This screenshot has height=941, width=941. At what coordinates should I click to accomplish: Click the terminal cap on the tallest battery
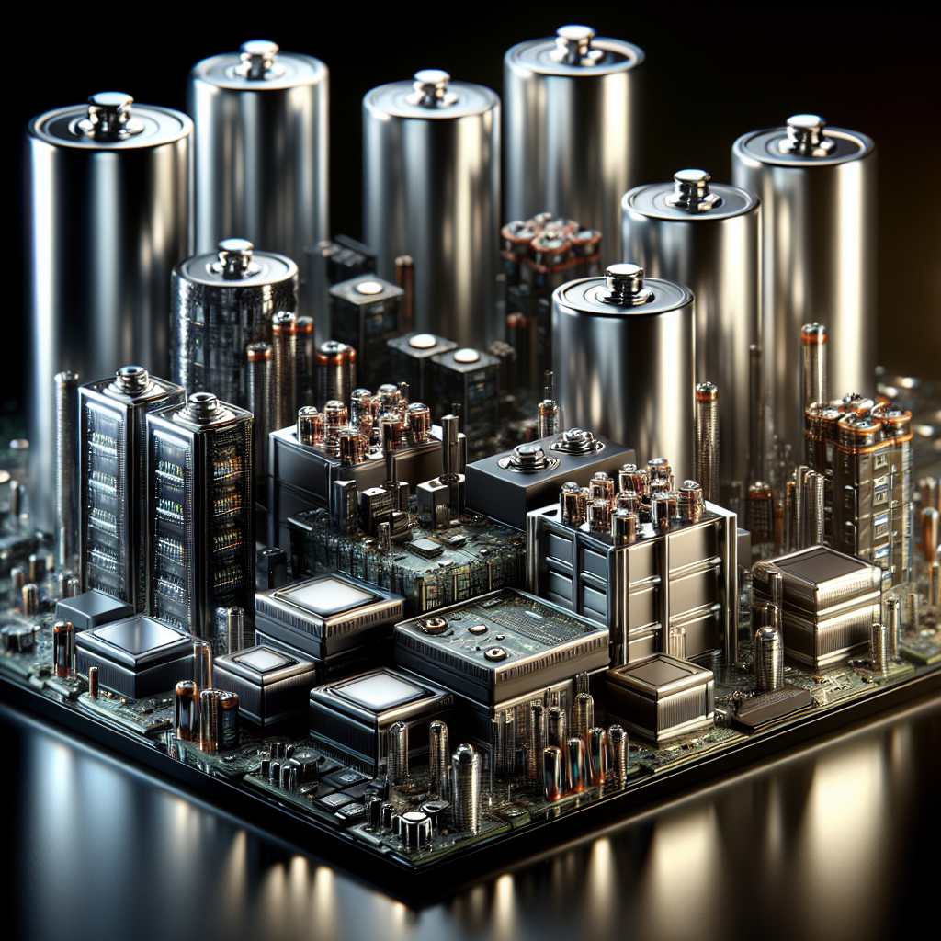[574, 40]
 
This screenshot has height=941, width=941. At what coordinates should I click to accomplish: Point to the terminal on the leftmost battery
[110, 111]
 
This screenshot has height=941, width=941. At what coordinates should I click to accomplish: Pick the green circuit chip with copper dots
[501, 634]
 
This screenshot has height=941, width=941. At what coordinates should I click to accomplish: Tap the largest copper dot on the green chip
[434, 624]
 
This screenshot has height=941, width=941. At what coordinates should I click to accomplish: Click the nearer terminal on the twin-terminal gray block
[529, 456]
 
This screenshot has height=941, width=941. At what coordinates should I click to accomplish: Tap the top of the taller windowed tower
[130, 378]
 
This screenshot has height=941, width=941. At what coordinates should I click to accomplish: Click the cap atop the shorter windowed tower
[202, 404]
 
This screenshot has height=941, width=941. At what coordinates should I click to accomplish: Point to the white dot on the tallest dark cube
[369, 288]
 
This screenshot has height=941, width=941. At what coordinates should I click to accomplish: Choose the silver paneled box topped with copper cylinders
[634, 570]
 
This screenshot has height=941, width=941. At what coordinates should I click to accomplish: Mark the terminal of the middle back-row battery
[431, 87]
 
